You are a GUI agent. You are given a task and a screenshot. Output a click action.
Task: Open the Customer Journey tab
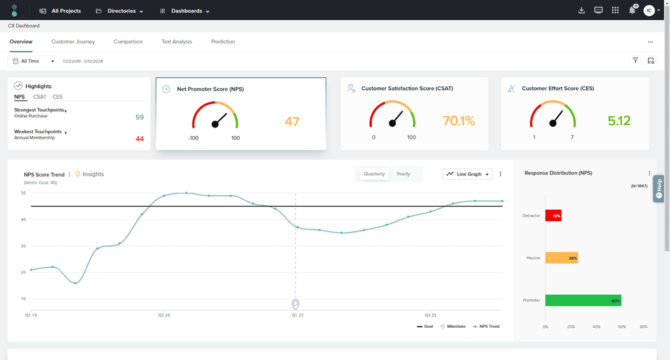tap(73, 42)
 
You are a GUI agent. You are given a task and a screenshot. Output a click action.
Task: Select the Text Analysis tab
tap(177, 42)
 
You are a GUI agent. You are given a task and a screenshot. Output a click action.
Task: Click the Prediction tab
tap(223, 42)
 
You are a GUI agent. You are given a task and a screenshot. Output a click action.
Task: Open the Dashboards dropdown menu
tap(185, 11)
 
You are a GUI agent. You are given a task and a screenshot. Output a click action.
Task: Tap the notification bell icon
tap(632, 10)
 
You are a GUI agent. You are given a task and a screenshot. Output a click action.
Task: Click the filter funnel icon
tap(635, 60)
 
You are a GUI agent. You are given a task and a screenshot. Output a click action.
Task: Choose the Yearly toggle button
tap(403, 174)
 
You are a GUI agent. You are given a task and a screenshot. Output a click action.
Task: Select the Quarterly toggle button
tap(374, 174)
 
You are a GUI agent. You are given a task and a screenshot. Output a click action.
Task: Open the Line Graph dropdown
tap(468, 174)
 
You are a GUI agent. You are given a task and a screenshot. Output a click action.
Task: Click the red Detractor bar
tap(553, 216)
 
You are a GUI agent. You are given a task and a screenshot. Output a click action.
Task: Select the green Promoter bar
tap(583, 300)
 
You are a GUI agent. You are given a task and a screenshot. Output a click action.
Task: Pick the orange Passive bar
tap(561, 257)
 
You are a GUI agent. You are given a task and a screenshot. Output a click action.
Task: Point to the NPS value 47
tap(292, 121)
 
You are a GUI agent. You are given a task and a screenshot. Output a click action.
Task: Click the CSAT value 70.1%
tap(458, 121)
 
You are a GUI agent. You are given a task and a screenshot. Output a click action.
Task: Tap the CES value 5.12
tap(619, 121)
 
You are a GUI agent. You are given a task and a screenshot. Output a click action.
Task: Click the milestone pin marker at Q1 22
tap(295, 304)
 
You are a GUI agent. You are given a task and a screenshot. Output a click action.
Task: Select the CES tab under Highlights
tap(58, 97)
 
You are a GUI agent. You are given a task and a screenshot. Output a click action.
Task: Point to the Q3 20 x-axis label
tap(164, 314)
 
